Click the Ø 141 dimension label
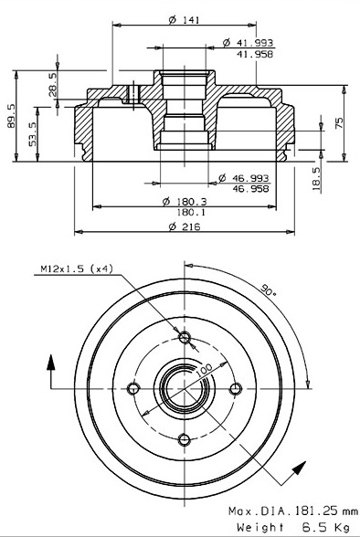(x=184, y=20)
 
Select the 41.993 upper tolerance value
(x=255, y=43)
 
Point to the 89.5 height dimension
(x=11, y=116)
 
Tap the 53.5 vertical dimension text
(x=33, y=134)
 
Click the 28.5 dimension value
(x=52, y=85)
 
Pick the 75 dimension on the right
(x=339, y=123)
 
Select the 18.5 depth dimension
(x=316, y=179)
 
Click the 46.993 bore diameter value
(x=250, y=178)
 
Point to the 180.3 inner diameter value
(x=192, y=202)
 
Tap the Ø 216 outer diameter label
(x=185, y=226)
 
